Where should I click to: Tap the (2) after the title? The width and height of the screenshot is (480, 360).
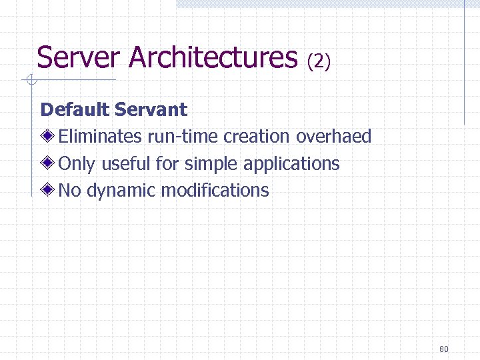tap(319, 61)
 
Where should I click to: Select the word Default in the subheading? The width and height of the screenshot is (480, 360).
tap(75, 109)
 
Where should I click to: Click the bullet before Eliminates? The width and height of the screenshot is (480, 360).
tap(49, 137)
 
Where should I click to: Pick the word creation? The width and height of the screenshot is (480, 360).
tap(257, 137)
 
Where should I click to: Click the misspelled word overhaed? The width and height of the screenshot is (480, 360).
tap(333, 137)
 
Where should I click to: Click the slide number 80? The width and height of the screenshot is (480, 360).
tap(445, 349)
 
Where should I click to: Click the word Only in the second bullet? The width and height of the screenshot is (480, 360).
tap(73, 164)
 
